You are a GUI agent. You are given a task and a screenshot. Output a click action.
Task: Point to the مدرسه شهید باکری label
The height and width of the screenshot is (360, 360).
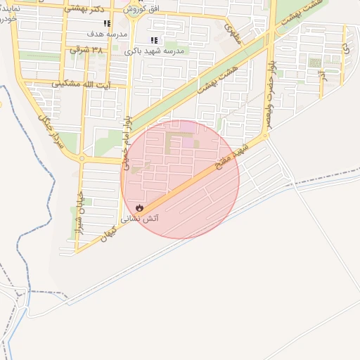click(154, 51)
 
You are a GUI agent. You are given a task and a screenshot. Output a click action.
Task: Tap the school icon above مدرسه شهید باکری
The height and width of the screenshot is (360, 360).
click(154, 40)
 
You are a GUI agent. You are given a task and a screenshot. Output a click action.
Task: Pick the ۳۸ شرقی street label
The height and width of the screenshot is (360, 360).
click(86, 50)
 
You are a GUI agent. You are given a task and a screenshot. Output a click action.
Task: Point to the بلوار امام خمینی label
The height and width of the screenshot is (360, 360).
click(126, 141)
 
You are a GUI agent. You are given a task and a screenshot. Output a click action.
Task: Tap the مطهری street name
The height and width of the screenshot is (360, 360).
click(233, 32)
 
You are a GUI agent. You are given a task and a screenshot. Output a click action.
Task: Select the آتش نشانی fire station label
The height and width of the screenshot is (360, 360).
click(141, 219)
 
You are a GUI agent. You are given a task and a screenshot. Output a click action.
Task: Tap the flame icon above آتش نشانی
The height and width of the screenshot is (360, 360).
click(139, 208)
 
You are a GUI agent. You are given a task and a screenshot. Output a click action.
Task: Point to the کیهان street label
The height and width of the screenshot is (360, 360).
click(108, 234)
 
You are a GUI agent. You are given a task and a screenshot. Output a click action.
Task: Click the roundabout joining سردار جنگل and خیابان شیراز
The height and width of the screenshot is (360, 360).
click(82, 159)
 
